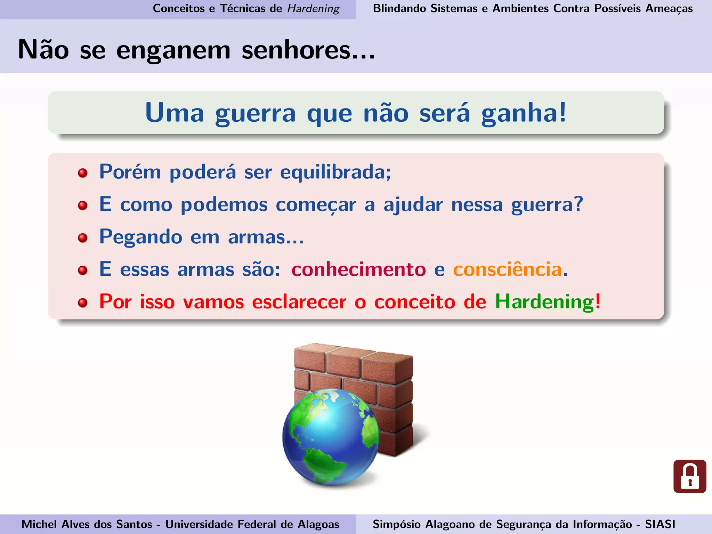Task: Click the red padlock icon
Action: tap(690, 476)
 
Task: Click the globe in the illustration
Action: tap(330, 436)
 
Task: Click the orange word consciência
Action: tap(508, 269)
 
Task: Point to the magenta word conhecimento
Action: tap(358, 269)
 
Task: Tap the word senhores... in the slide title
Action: tap(308, 50)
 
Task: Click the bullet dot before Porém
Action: tap(83, 173)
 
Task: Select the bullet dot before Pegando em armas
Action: tap(83, 238)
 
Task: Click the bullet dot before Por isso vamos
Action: tap(83, 303)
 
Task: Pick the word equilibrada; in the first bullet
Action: tap(335, 172)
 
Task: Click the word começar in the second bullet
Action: tap(316, 205)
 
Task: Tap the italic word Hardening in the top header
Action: tap(313, 8)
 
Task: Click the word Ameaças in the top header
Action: tap(669, 8)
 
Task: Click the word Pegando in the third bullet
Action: tap(141, 237)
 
